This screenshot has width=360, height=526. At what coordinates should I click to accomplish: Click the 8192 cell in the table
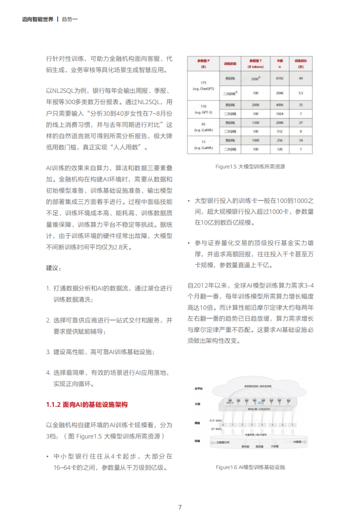[x=279, y=79]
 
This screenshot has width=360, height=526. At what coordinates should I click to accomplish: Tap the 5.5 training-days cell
[x=301, y=93]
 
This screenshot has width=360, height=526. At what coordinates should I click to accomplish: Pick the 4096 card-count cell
[x=279, y=105]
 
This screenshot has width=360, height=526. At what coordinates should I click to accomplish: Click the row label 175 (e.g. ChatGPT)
[x=203, y=85]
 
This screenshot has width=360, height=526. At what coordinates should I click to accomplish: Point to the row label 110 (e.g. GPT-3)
[x=203, y=109]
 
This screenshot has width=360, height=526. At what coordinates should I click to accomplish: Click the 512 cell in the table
[x=279, y=131]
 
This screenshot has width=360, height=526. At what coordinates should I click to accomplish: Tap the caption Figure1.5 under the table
[x=250, y=166]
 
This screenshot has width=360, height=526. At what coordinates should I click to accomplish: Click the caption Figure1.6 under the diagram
[x=250, y=467]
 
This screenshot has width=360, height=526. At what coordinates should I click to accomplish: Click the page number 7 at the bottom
[x=179, y=507]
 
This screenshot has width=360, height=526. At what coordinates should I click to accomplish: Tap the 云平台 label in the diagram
[x=199, y=388]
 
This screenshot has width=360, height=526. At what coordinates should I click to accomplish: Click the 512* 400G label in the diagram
[x=217, y=420]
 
